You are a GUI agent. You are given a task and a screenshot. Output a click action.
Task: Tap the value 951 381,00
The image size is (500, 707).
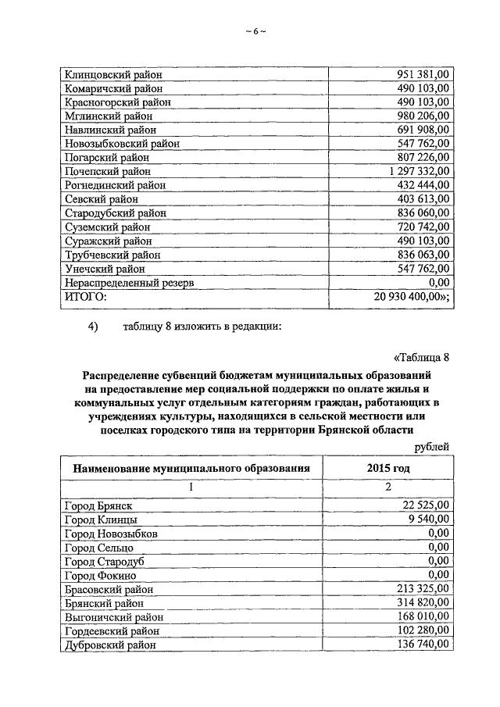pyautogui.click(x=423, y=74)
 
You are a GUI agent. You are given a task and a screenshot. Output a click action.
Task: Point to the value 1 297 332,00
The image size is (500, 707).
pyautogui.click(x=417, y=170)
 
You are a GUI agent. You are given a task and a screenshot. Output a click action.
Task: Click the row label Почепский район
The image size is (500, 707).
pyautogui.click(x=106, y=170)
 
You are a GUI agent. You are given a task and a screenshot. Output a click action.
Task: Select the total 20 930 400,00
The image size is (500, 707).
pyautogui.click(x=412, y=295)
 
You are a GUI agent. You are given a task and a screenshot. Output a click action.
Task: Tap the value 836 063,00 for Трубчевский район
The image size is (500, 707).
pyautogui.click(x=423, y=254)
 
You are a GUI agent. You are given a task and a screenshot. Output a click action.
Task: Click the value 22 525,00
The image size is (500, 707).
pyautogui.click(x=426, y=505)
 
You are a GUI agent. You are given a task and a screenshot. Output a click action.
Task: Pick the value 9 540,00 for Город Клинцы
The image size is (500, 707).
pyautogui.click(x=429, y=519)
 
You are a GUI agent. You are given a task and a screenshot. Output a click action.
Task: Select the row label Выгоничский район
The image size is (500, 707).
pyautogui.click(x=112, y=616)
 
